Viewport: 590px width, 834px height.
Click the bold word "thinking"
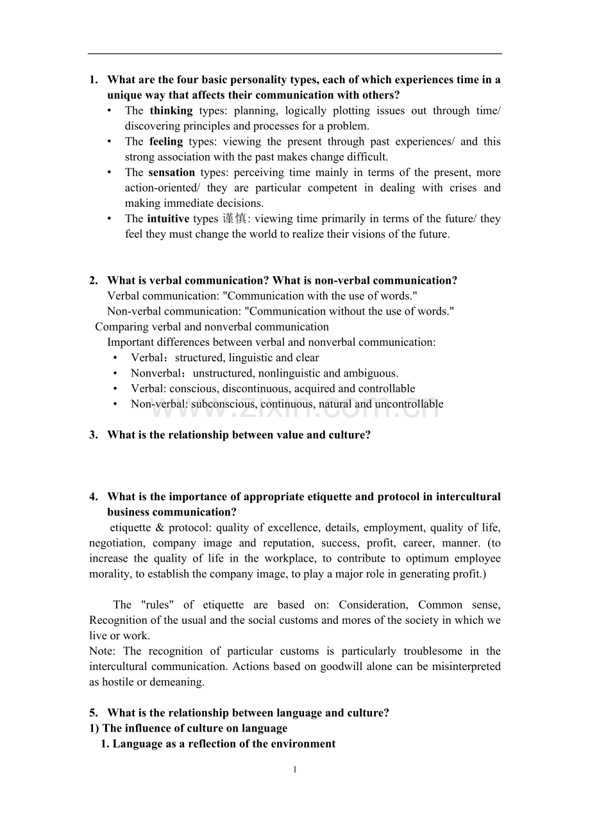(171, 111)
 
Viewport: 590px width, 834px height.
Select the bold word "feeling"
(166, 142)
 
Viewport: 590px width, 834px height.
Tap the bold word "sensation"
(171, 172)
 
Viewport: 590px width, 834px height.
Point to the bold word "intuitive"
(168, 219)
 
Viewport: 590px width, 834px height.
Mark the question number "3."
(94, 435)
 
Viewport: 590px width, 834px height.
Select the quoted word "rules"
(154, 605)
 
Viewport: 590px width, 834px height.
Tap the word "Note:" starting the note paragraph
(103, 651)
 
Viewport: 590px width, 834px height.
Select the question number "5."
(94, 713)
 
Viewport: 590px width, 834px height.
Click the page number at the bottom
(295, 770)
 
